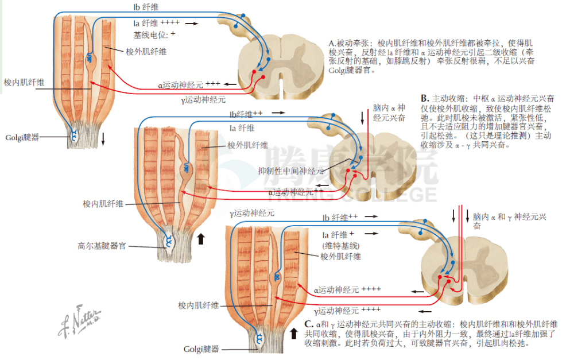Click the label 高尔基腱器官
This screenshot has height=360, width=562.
[x=105, y=246]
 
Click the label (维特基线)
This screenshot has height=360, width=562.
[x=340, y=246]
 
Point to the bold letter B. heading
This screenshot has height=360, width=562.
[x=425, y=98]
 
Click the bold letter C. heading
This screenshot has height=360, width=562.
[x=308, y=324]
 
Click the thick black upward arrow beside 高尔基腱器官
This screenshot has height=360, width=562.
[x=201, y=238]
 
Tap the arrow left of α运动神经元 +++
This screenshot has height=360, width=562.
[x=230, y=84]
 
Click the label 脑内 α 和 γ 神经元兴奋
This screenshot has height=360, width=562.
[x=509, y=221]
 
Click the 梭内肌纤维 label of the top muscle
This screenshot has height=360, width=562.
[x=24, y=82]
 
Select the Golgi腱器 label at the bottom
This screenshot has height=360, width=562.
[x=203, y=349]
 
